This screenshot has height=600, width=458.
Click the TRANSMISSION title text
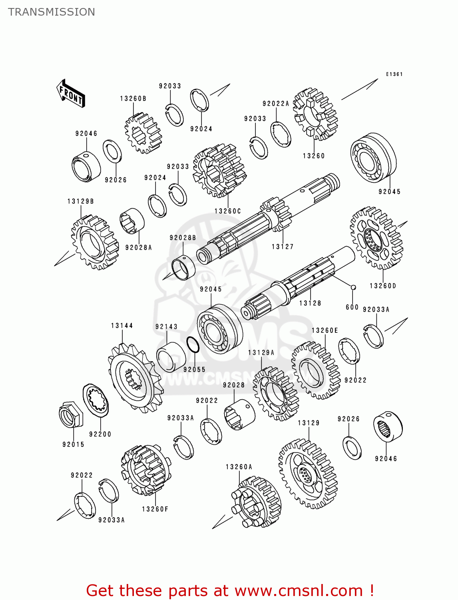(x=52, y=12)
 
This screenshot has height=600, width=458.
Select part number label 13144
(x=122, y=326)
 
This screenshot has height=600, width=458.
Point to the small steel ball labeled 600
(x=353, y=287)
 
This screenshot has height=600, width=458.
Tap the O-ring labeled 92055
(x=193, y=345)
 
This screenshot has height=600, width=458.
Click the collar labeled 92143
(x=171, y=357)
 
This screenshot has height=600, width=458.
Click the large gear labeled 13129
(x=308, y=474)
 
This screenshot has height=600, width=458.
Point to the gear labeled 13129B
(x=95, y=242)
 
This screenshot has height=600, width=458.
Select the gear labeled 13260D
(x=376, y=238)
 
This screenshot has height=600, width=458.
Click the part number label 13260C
(x=227, y=211)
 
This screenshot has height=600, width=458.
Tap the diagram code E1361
(x=394, y=74)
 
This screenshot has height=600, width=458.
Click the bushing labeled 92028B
(x=183, y=268)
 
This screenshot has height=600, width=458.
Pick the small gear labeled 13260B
(x=143, y=133)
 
